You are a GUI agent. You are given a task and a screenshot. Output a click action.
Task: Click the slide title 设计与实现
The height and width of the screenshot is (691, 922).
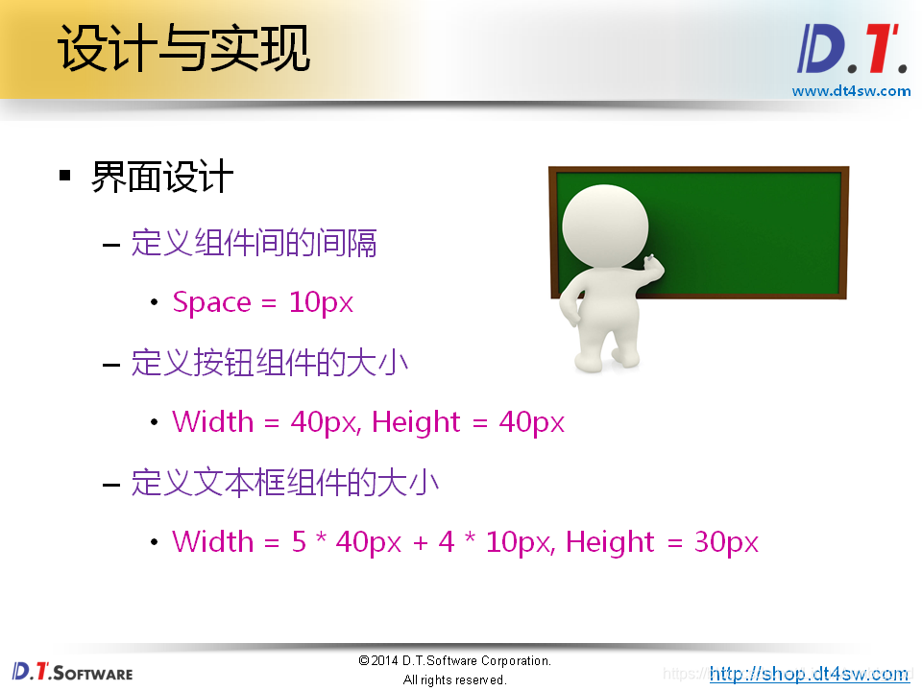[x=184, y=50]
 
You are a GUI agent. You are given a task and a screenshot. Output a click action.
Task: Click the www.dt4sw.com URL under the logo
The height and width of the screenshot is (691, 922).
[x=851, y=91]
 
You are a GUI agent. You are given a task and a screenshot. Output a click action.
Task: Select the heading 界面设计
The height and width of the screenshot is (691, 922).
[x=162, y=177]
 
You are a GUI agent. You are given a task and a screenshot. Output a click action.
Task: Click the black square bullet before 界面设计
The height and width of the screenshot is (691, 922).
[x=65, y=176]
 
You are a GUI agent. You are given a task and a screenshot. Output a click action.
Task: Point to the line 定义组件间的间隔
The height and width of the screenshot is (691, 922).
[x=254, y=243]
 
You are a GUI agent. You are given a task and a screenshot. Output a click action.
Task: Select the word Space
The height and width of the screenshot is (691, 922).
[x=211, y=303]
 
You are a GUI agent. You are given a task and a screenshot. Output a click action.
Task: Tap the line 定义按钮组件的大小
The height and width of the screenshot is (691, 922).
[x=269, y=363]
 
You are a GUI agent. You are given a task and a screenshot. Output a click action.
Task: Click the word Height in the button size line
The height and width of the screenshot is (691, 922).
[x=417, y=422]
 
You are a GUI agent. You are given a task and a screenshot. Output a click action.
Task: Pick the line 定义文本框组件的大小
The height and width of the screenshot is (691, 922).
[x=284, y=482]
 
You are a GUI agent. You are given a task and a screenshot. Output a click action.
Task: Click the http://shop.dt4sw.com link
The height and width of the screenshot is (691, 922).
[x=809, y=674]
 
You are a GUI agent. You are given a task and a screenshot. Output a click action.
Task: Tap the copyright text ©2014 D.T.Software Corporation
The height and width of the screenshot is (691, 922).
[x=454, y=661]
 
